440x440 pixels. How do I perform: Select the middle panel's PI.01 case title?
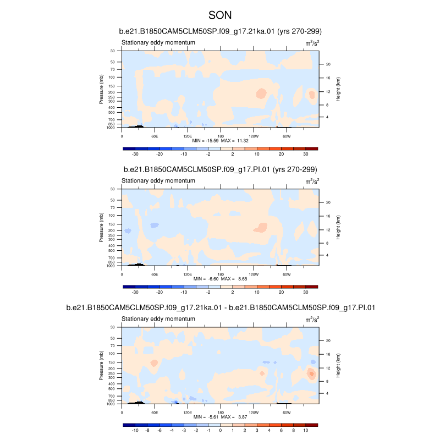[x=220, y=169]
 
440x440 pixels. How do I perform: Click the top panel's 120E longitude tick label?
[x=188, y=135]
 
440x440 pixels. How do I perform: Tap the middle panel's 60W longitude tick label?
[x=287, y=273]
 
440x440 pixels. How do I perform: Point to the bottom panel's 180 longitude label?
[x=221, y=411]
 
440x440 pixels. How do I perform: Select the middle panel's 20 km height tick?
[x=327, y=202]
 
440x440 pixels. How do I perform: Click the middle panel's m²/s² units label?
[x=312, y=180]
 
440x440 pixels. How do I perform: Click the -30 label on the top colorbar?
[x=135, y=155]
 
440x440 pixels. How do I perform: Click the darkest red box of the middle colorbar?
[x=312, y=287]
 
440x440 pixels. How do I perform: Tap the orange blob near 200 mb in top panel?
[x=261, y=93]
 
